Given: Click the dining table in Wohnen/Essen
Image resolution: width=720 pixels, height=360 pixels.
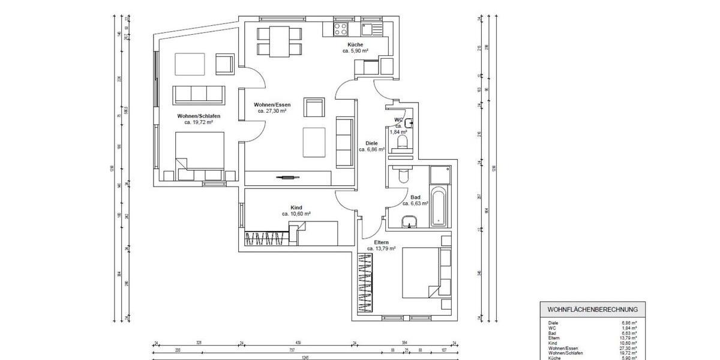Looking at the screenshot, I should click(x=278, y=40).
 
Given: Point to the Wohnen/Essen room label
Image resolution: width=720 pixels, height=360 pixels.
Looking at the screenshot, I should click(x=272, y=104).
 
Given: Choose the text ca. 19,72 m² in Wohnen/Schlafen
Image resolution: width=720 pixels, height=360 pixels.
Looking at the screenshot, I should click(x=199, y=122).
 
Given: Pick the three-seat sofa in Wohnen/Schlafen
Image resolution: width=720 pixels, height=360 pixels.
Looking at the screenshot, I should click(x=199, y=94).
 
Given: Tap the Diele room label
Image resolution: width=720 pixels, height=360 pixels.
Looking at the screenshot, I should click(x=371, y=143).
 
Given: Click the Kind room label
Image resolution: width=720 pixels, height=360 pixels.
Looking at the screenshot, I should click(x=296, y=207).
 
